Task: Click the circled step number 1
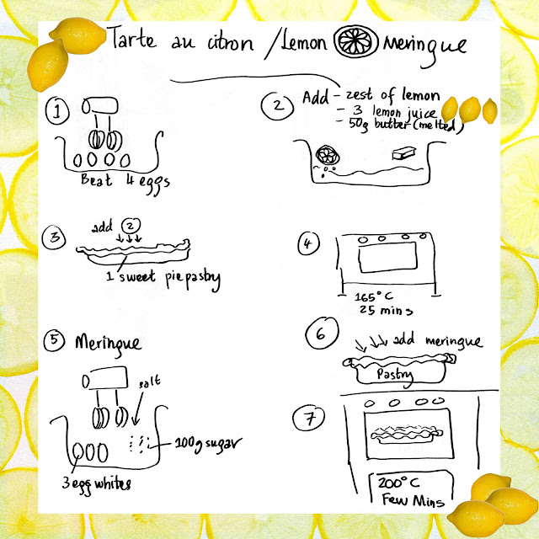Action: (57, 110)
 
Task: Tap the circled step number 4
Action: (308, 243)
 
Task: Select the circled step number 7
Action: (309, 419)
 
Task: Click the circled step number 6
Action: (322, 334)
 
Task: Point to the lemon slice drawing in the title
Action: (356, 41)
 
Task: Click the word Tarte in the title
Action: (133, 39)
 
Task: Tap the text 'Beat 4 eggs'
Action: (125, 182)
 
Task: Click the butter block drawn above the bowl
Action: (404, 153)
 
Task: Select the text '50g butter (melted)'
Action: (406, 125)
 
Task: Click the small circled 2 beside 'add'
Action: (131, 226)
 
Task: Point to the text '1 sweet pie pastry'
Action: (163, 278)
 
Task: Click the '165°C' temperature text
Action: (374, 296)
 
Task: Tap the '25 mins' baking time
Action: (386, 310)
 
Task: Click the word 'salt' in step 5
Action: (150, 382)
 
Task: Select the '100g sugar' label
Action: (208, 444)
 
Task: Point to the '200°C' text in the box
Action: (398, 483)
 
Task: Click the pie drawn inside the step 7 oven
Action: (406, 435)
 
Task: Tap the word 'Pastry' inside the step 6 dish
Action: (395, 375)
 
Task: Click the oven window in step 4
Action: (387, 257)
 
